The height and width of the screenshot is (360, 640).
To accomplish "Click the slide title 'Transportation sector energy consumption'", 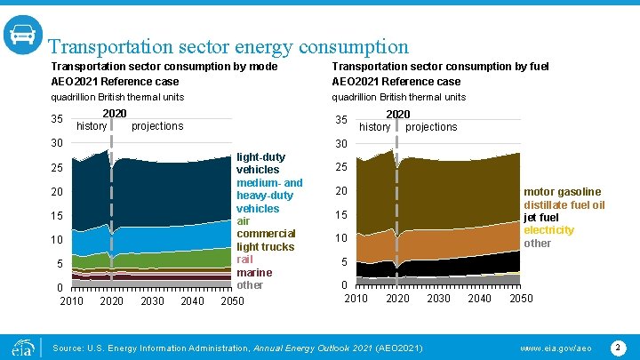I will click(x=228, y=46).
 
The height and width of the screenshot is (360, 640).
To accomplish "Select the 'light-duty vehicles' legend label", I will click(x=258, y=163).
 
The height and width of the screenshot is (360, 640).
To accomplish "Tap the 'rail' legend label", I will click(x=245, y=260).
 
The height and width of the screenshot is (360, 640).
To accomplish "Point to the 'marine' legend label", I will click(x=254, y=272).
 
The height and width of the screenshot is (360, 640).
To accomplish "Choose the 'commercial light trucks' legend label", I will click(x=266, y=240).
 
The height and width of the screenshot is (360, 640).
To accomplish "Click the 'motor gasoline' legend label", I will click(x=562, y=192).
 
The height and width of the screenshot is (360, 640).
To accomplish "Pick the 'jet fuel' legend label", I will click(x=541, y=218).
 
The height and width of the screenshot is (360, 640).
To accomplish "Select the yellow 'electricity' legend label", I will click(x=548, y=230).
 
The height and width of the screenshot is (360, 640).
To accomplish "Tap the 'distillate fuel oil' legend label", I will click(x=564, y=205).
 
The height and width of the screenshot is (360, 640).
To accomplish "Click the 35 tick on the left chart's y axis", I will click(x=56, y=120).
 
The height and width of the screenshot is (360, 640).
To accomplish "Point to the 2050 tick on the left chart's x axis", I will click(x=232, y=301).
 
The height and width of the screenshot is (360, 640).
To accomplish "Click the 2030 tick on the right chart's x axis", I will click(x=438, y=298).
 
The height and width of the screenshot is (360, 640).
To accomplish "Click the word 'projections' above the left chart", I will click(x=157, y=126).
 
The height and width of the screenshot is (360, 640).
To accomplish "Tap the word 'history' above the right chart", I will click(x=374, y=127).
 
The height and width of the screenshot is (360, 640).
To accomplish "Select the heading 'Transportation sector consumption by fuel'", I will click(x=440, y=67).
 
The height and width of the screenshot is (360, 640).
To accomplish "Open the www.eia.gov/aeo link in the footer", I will click(x=556, y=347).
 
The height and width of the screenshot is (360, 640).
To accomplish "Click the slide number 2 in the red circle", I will click(x=618, y=347).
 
